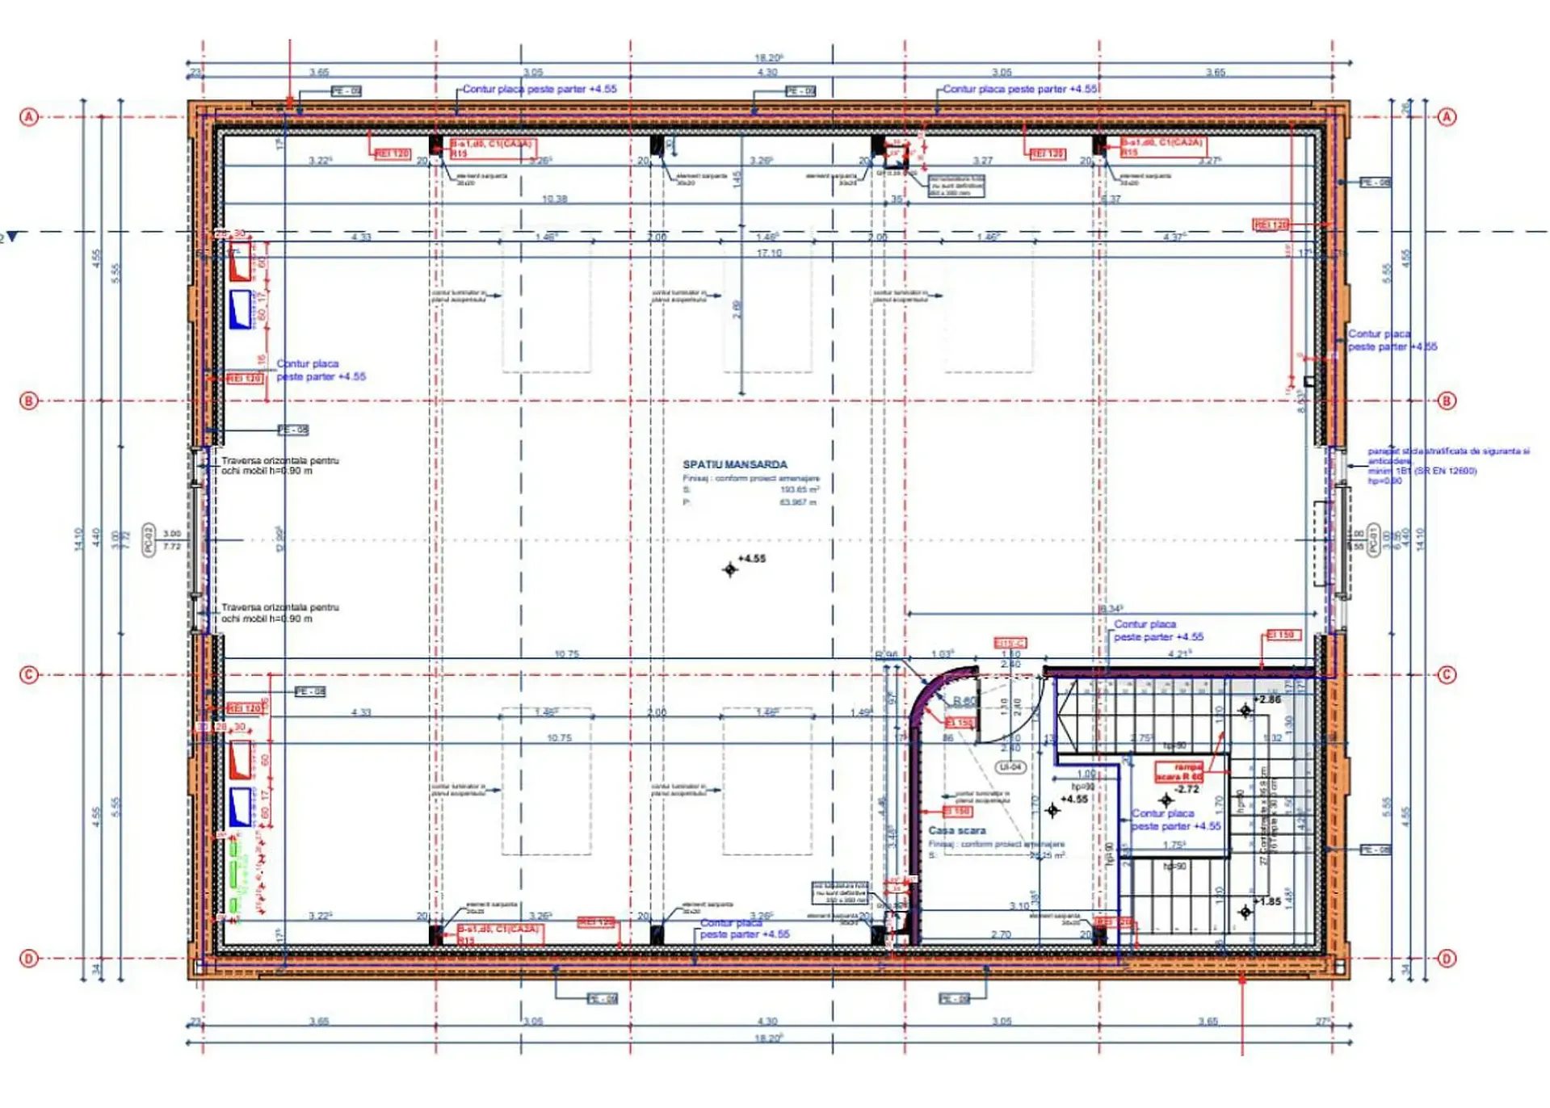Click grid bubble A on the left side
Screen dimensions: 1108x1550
pos(29,117)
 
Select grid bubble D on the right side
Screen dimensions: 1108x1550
pos(1447,959)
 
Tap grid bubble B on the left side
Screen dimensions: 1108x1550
pos(29,401)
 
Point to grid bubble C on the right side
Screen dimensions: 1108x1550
pos(1447,674)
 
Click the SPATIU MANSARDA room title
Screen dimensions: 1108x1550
pos(734,464)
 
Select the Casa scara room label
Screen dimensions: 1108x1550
pos(956,830)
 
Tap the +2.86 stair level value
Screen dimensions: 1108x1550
pos(1266,699)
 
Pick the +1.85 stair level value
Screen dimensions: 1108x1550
pos(1266,901)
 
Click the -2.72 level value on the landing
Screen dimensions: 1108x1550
pos(1187,789)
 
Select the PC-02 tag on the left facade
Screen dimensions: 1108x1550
pos(149,539)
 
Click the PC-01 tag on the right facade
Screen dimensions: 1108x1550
pos(1373,539)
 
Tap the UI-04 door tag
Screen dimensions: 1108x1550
pos(1010,766)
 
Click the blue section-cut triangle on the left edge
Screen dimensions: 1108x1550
pos(12,237)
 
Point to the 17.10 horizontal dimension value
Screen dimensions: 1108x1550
pos(768,253)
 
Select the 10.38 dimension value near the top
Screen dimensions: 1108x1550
pos(554,199)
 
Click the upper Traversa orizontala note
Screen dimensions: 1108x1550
pos(279,465)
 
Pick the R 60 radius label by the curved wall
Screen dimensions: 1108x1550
pos(964,701)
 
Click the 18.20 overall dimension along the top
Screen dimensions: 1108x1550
pos(768,57)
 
